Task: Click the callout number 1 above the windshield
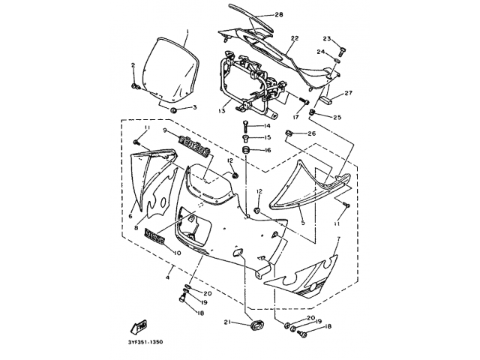(187, 32)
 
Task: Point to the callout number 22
(295, 38)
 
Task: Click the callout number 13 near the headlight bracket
(223, 110)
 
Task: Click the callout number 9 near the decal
(164, 130)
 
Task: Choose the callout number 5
(302, 223)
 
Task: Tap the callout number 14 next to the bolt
(266, 126)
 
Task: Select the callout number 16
(266, 150)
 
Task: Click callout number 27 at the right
(348, 94)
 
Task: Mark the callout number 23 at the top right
(327, 38)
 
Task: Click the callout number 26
(313, 133)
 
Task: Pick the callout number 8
(136, 227)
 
